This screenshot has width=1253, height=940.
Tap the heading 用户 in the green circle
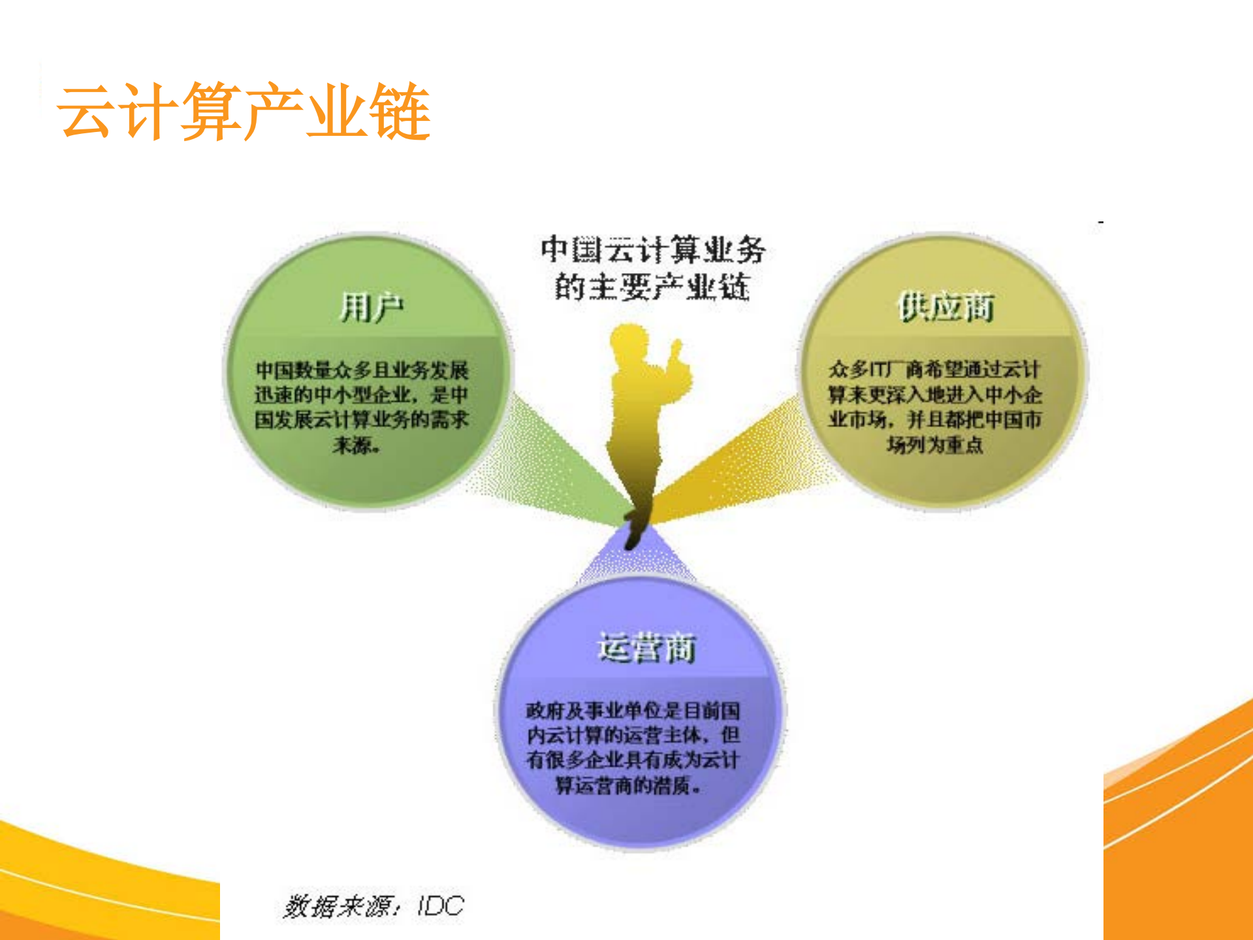372,308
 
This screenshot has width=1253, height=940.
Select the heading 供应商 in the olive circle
945,307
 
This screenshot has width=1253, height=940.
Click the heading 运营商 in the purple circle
646,648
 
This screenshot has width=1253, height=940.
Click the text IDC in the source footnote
441,906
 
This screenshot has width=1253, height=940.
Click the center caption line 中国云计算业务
652,250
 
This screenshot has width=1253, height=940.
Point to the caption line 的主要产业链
652,287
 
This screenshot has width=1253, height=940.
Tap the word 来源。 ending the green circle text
356,446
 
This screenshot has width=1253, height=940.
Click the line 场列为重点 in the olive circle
934,446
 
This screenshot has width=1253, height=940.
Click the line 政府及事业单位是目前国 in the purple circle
633,710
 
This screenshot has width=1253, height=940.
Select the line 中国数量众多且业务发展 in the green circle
362,370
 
